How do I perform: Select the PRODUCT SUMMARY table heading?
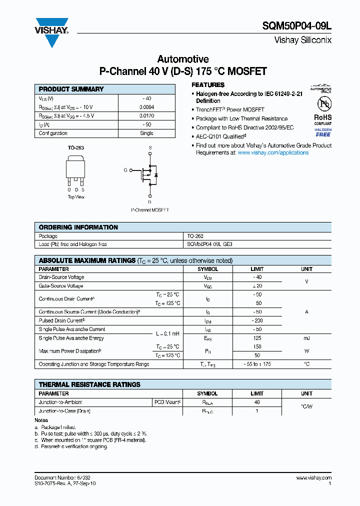pos(71,89)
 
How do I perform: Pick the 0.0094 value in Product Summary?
pos(146,107)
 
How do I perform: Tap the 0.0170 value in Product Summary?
pos(146,115)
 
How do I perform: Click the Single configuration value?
pos(146,133)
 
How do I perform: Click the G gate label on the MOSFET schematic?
pos(125,170)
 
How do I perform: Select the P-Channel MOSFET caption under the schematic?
pos(150,210)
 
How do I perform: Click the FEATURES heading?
pos(208,85)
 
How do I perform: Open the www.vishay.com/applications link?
pos(273,152)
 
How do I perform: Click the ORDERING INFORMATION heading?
pos(78,227)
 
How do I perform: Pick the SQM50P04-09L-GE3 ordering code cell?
pos(210,244)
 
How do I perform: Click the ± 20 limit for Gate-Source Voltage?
pos(257,286)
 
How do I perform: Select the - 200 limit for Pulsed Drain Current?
pos(257,320)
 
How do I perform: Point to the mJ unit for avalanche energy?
pos(306,338)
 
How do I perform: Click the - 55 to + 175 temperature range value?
pos(257,364)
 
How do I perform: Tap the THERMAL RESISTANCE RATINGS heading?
pos(89,384)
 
